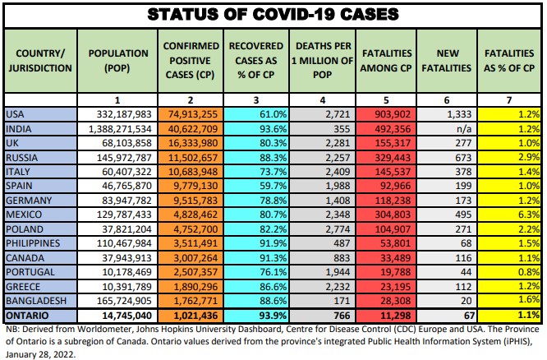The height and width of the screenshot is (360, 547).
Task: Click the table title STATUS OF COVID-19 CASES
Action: click(273, 14)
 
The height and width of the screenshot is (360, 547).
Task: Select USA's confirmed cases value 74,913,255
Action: click(191, 114)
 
